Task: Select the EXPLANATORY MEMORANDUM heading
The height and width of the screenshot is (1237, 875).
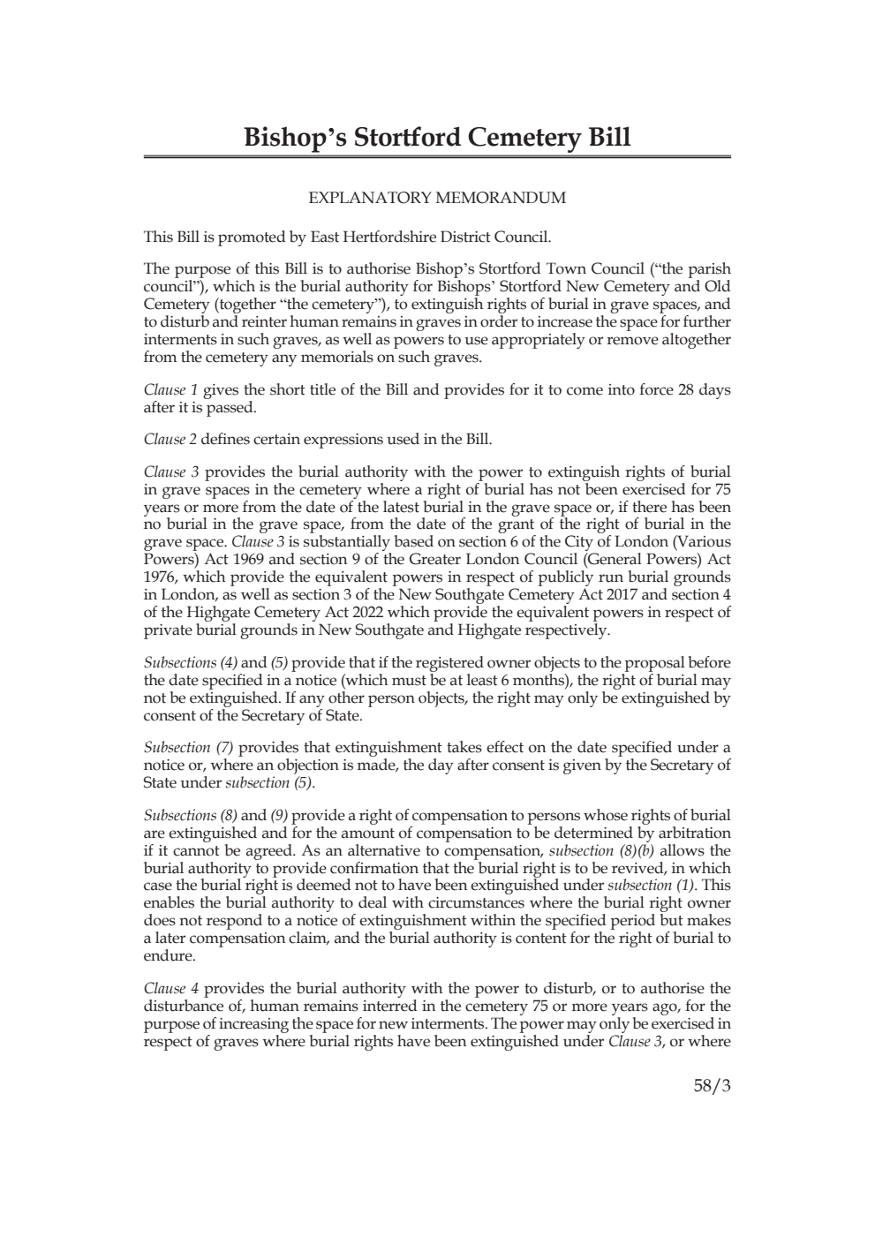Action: (x=437, y=198)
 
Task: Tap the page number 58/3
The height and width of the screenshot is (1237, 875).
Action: (x=712, y=1086)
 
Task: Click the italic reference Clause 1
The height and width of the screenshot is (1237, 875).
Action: (x=165, y=390)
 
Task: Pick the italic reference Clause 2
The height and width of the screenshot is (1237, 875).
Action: (x=165, y=439)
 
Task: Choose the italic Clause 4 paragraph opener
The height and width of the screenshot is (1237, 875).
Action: (x=165, y=989)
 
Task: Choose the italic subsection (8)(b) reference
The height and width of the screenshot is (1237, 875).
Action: (x=602, y=850)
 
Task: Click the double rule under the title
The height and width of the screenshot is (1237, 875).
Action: (x=437, y=158)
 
